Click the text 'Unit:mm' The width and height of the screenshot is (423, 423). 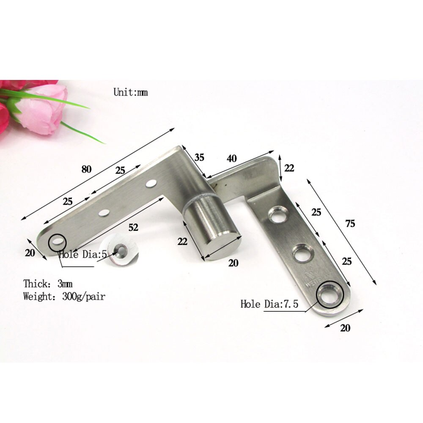[130, 92]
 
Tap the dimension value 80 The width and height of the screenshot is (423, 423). [86, 170]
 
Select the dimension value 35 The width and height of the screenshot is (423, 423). [199, 157]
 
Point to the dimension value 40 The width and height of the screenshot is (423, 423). [231, 159]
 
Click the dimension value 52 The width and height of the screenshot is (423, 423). [133, 228]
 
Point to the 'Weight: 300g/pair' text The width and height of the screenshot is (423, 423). [64, 296]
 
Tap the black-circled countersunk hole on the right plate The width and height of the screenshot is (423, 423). [329, 294]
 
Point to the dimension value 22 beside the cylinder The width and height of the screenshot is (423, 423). [182, 242]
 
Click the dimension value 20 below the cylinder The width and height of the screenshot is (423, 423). [233, 263]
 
